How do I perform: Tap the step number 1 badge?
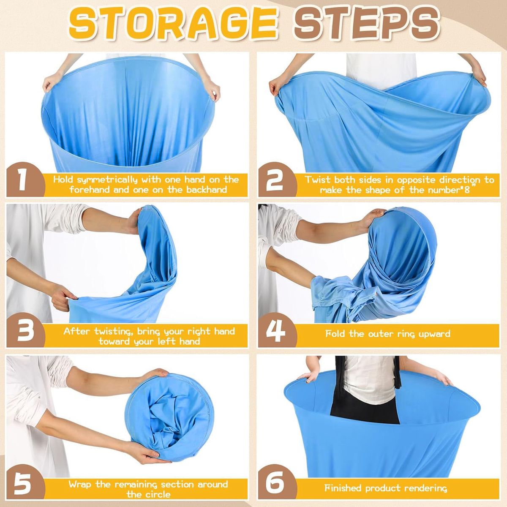25,180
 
